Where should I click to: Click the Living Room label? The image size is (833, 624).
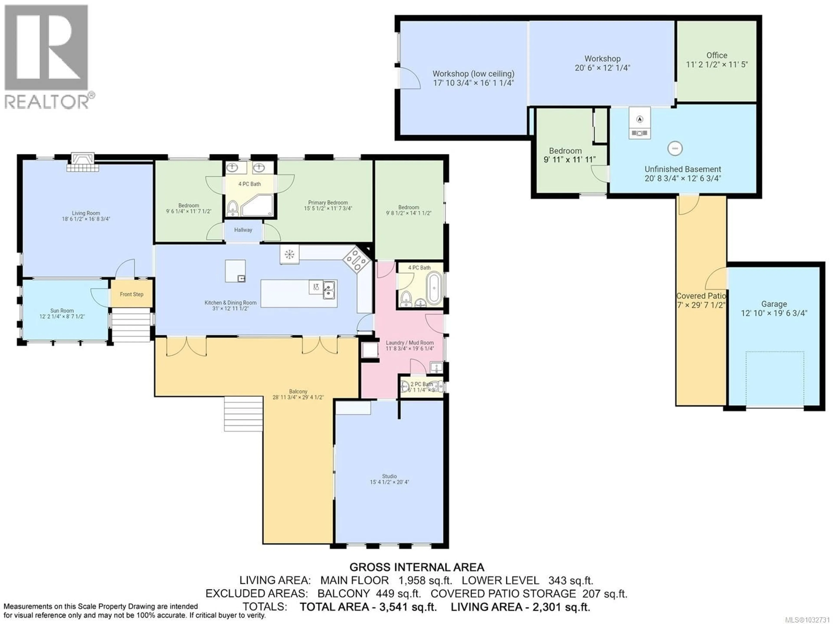tap(86, 213)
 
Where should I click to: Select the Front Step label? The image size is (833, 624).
tap(131, 294)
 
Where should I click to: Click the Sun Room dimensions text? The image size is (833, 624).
tap(62, 317)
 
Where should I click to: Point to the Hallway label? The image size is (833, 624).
tap(243, 230)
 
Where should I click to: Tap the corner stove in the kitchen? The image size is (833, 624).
tap(356, 260)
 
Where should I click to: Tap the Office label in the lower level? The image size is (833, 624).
tap(717, 55)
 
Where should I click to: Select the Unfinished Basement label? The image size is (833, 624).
tap(682, 169)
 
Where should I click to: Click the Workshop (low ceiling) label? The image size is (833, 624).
tap(473, 74)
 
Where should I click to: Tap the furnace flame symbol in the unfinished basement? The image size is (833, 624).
tap(640, 119)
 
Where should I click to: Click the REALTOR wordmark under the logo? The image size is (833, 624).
tap(46, 102)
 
